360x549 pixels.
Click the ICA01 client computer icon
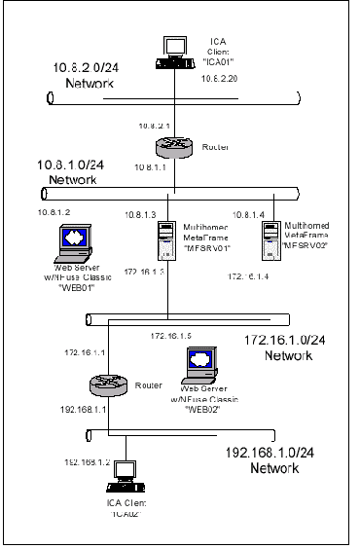tap(174, 51)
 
